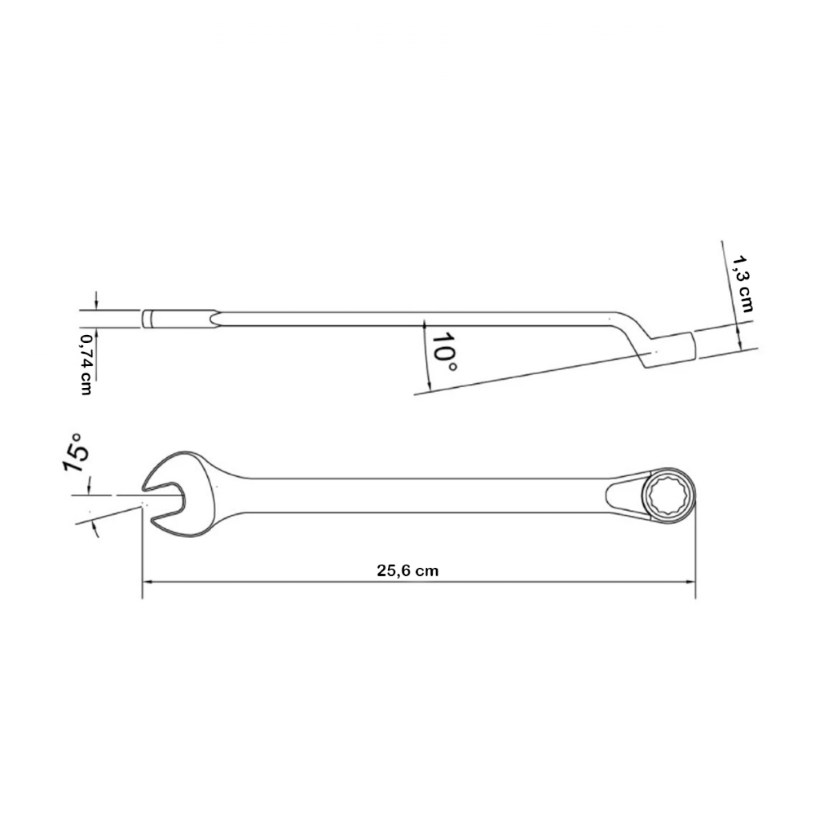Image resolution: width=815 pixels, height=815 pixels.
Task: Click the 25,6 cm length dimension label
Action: pos(407,570)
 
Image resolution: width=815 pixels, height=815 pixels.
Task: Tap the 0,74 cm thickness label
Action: pos(86,364)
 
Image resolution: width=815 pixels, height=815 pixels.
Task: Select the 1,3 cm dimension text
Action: pos(742,284)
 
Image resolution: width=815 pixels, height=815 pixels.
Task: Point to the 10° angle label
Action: pos(444,351)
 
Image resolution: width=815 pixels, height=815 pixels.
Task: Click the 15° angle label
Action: pos(76,452)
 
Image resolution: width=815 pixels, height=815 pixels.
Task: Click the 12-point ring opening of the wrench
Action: pos(669,495)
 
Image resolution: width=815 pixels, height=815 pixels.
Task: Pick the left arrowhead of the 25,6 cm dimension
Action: pos(147,582)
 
